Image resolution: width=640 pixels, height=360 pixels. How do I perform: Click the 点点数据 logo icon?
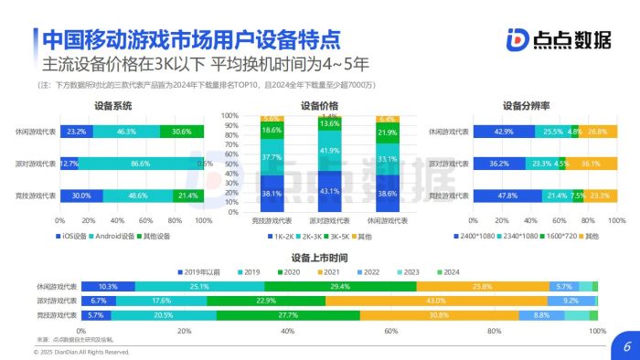click(517, 42)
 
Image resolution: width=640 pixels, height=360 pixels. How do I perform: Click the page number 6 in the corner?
click(627, 346)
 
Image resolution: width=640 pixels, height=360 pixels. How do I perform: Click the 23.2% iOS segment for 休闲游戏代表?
click(77, 132)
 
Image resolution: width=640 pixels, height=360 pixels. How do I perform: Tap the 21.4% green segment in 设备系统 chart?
click(188, 196)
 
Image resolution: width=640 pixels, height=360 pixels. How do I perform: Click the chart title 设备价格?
click(319, 106)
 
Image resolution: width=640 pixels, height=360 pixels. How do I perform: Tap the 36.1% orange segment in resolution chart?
click(591, 164)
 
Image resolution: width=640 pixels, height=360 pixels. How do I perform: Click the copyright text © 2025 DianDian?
click(82, 351)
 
